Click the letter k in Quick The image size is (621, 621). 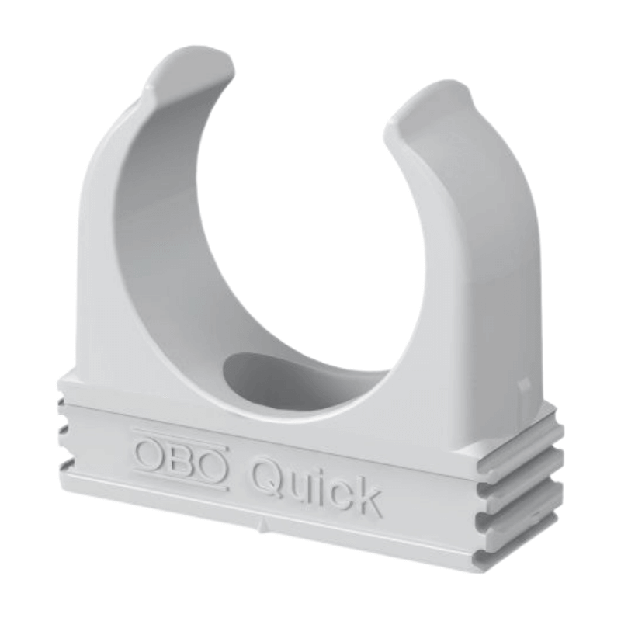(366, 497)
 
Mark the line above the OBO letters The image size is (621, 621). (180, 436)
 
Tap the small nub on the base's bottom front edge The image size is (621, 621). (263, 526)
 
